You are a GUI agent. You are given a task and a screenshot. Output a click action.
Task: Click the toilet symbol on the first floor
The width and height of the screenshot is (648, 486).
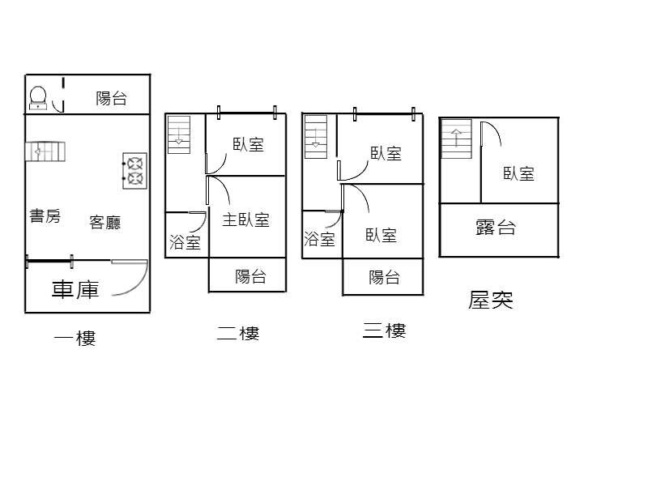click(38, 98)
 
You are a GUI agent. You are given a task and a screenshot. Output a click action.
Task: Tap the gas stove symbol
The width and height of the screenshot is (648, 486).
click(134, 171)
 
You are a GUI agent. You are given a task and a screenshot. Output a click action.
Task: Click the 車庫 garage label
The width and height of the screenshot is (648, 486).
click(75, 289)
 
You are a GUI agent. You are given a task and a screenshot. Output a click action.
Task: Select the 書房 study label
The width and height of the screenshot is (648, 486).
click(45, 215)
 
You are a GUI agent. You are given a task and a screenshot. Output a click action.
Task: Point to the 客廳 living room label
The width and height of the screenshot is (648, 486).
click(105, 222)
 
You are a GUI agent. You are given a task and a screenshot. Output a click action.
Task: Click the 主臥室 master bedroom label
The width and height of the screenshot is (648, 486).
click(246, 220)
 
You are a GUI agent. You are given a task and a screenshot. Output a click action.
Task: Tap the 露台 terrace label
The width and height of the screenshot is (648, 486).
click(496, 228)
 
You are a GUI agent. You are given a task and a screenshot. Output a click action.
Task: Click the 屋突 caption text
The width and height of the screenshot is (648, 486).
click(491, 300)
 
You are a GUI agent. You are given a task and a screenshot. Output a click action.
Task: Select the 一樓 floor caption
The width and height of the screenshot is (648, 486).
click(75, 338)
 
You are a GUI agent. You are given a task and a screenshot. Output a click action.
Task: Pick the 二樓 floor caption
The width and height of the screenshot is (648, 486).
click(238, 333)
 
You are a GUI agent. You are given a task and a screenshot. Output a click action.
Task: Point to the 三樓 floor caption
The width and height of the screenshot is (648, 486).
click(384, 330)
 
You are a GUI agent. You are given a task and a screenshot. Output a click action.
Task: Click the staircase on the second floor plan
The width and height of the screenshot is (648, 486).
click(179, 134)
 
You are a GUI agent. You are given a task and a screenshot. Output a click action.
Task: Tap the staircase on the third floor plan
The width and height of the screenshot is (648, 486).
click(316, 137)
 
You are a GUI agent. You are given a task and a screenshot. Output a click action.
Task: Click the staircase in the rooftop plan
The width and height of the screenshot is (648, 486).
click(456, 139)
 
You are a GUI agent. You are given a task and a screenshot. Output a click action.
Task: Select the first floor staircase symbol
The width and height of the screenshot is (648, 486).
click(45, 151)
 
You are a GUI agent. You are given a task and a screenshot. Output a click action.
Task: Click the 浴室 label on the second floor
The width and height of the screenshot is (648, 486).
click(185, 242)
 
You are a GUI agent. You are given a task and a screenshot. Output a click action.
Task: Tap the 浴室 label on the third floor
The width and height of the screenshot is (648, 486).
click(319, 239)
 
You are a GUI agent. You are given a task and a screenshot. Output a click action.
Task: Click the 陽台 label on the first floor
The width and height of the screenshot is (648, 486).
click(111, 98)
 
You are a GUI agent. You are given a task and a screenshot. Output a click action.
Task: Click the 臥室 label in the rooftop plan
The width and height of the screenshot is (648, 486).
click(518, 173)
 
